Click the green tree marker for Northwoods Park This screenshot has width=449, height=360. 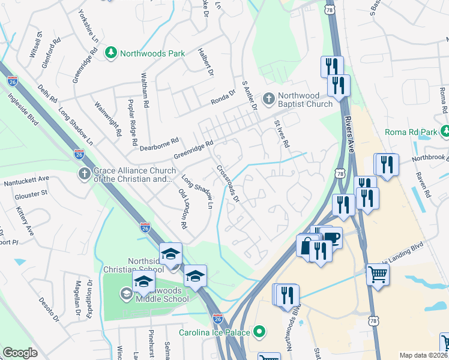click(x=111, y=53)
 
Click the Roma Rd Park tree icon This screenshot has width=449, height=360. click(x=445, y=131)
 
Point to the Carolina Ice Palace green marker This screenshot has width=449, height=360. click(x=259, y=331)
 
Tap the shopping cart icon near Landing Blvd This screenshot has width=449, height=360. click(x=378, y=275)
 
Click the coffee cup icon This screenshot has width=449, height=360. click(x=331, y=238)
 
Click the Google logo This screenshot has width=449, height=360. click(x=20, y=352)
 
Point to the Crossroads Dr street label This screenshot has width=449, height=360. click(x=228, y=184)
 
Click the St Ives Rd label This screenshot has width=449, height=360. click(x=282, y=134)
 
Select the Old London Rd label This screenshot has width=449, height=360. click(x=183, y=209)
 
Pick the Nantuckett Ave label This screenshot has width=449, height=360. click(x=26, y=179)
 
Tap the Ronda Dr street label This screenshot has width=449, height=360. click(x=221, y=98)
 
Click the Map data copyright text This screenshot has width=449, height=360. click(x=424, y=355)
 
